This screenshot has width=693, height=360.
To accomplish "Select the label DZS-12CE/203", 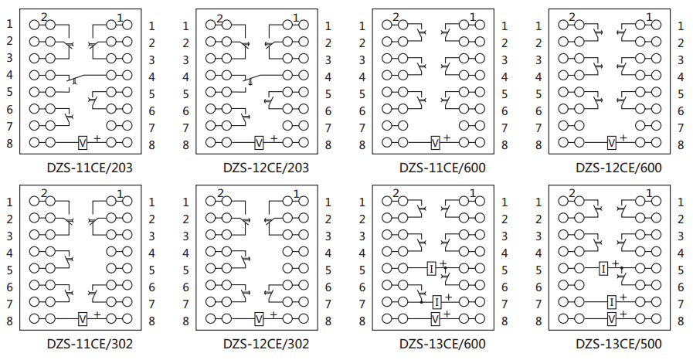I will (266, 167).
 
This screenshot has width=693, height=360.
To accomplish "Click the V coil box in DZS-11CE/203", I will (83, 143).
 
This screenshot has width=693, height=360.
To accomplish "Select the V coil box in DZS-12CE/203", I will (260, 143).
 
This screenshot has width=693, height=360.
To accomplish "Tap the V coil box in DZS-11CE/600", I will (436, 143).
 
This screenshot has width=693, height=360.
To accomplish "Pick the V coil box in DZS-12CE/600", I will (612, 143).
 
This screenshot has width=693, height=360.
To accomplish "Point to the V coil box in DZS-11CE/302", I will (83, 318).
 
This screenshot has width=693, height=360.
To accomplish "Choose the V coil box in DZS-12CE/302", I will (260, 318).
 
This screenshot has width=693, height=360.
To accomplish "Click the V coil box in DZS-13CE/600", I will (436, 318).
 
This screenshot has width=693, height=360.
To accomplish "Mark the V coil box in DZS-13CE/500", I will (612, 318).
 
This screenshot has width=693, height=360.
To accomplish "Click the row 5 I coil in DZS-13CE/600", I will (432, 269).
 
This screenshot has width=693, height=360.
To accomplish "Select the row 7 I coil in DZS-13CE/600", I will (437, 301).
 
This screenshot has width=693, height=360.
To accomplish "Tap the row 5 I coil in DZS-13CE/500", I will (605, 269).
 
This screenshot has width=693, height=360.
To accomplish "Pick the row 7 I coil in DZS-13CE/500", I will (612, 301).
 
